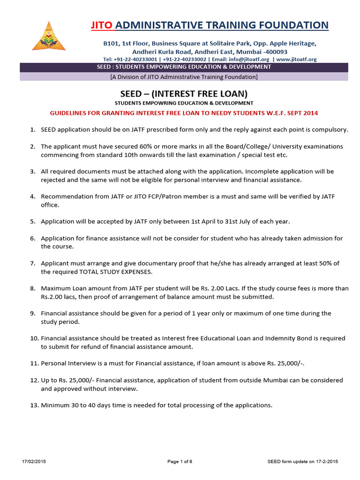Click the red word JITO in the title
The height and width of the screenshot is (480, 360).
tap(102, 25)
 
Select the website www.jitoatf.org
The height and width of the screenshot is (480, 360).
tap(296, 60)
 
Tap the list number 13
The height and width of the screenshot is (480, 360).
tap(34, 405)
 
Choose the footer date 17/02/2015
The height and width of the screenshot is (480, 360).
tap(34, 462)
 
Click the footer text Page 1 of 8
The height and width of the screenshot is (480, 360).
tap(180, 462)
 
